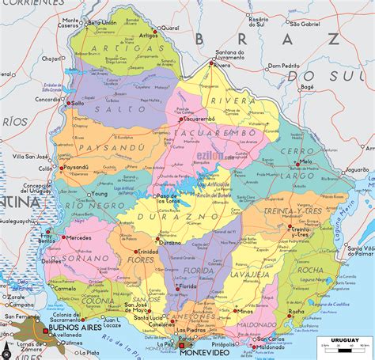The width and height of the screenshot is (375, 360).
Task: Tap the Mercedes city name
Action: point(79,237)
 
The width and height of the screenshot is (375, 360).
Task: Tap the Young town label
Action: point(99,193)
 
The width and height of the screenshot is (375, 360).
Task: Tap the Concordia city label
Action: point(47,100)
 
